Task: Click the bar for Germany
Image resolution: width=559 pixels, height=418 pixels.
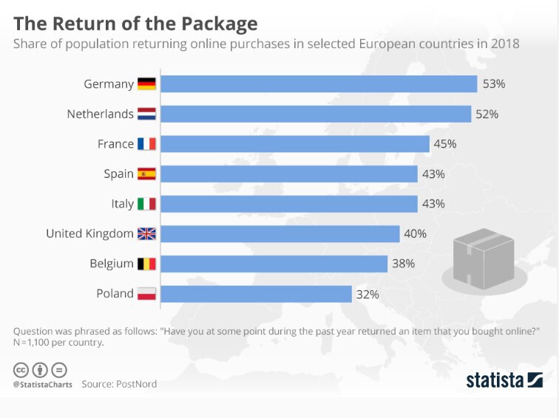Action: (319, 84)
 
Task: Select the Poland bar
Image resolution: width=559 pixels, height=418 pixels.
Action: (256, 294)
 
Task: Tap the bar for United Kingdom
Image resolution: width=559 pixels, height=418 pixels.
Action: (280, 234)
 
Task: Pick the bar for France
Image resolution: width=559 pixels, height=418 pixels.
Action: (295, 144)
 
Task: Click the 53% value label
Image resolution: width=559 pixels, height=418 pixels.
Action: (493, 84)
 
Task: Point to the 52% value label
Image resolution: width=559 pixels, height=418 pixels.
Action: (487, 114)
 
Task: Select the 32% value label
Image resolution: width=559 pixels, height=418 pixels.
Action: (367, 294)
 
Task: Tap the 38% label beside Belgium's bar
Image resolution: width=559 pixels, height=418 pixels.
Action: (404, 264)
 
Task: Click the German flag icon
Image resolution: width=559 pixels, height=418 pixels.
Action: (146, 84)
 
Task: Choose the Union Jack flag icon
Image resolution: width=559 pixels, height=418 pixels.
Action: (146, 234)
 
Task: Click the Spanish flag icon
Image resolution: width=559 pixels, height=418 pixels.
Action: (146, 174)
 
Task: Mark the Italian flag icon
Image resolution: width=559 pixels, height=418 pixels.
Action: (146, 204)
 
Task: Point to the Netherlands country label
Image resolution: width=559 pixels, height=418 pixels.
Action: (100, 114)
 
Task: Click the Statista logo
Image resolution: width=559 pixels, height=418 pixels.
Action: (504, 380)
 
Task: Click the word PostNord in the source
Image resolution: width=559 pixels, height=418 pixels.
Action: (138, 385)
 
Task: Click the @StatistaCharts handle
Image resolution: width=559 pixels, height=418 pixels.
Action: (42, 385)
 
